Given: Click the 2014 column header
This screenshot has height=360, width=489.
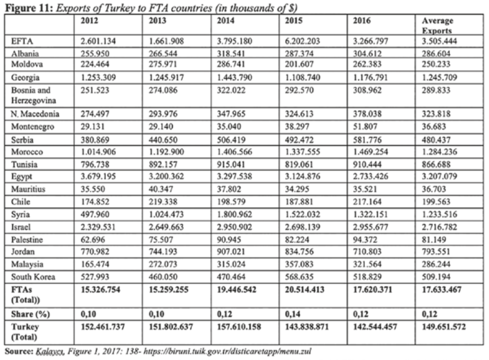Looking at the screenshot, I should [226, 21].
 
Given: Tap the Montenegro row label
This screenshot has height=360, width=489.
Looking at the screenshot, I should [34, 127].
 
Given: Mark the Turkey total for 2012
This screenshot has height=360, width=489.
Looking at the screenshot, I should [104, 327].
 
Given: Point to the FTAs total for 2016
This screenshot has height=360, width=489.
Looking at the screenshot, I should [375, 289].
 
